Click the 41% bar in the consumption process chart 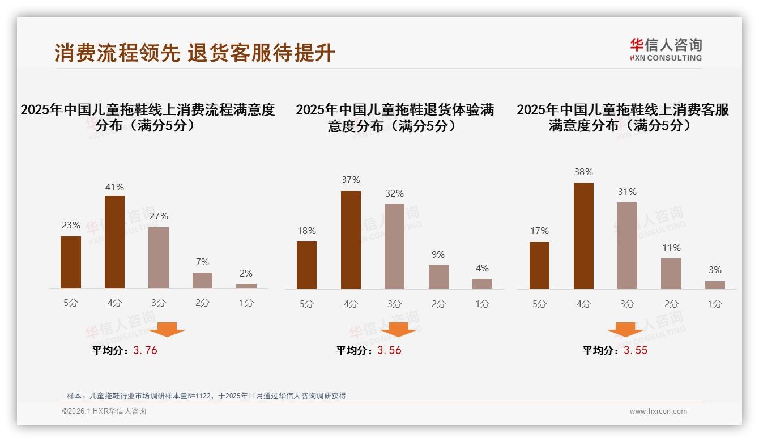point(114,242)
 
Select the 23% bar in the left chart point(71,262)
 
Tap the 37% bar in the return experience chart point(351,240)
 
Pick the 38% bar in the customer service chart point(583,236)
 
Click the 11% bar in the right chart point(671,274)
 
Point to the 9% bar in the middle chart point(438,277)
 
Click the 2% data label point(246,274)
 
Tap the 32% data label point(394,194)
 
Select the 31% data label point(627,192)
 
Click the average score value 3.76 point(145,350)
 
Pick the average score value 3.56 point(389,350)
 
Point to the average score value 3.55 point(636,350)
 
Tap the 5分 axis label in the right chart point(539,304)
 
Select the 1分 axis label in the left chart point(246,303)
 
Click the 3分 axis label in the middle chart point(394,304)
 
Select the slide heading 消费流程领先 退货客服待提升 point(195,53)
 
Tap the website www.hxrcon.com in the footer point(658,411)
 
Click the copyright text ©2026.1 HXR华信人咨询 point(104,411)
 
